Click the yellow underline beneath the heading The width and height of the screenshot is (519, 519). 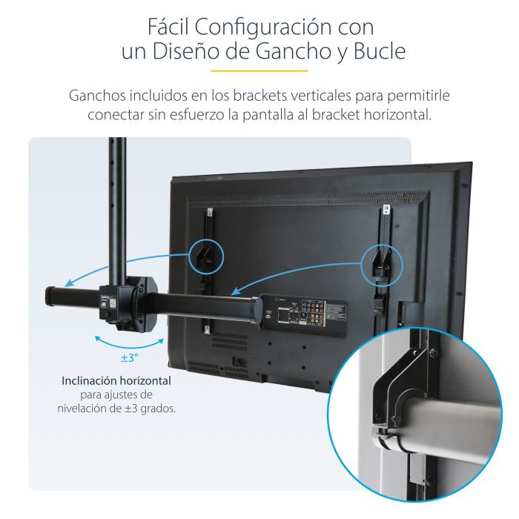[x=259, y=72]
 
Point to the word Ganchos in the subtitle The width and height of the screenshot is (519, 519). [x=97, y=97]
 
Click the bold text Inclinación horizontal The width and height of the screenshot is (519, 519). [x=117, y=380]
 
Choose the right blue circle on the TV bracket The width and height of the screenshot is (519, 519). [x=381, y=263]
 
